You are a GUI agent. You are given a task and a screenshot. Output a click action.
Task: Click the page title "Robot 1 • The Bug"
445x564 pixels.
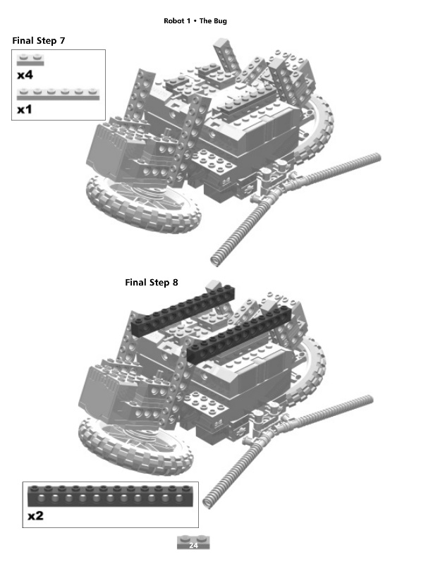click(x=195, y=21)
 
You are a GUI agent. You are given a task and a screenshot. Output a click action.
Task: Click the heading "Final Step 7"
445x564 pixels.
click(x=39, y=41)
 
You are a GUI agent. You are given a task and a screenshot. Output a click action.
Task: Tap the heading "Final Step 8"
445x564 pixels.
click(x=152, y=283)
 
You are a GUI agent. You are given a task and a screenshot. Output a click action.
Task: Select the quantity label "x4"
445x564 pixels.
click(x=25, y=75)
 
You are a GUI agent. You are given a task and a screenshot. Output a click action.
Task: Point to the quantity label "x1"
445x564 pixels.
click(x=25, y=110)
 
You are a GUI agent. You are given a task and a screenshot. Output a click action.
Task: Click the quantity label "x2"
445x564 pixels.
click(x=35, y=516)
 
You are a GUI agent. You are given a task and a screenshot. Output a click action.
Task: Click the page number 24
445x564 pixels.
click(x=194, y=546)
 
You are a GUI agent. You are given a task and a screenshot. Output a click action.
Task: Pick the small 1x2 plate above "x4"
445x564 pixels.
click(x=31, y=60)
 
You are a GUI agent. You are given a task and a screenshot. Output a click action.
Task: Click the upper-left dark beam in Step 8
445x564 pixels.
click(x=182, y=309)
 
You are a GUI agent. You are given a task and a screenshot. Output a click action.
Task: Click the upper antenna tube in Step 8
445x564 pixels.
click(x=331, y=416)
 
